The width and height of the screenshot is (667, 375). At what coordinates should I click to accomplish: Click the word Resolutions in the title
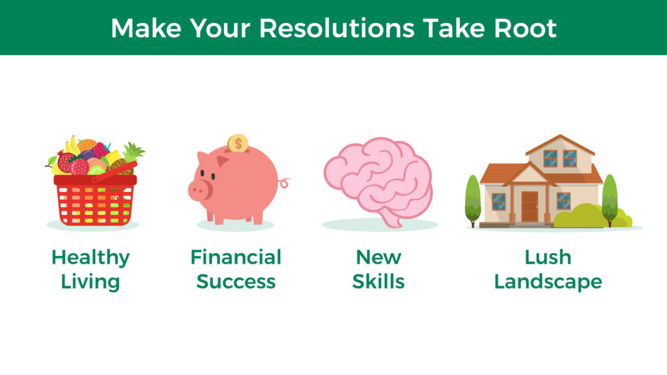click(337, 28)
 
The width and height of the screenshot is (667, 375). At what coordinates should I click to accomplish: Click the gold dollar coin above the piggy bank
click(238, 143)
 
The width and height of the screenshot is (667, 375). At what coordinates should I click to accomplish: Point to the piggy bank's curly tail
click(284, 182)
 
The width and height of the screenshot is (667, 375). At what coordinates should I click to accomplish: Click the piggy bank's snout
click(198, 190)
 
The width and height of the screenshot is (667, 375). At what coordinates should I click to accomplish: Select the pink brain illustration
click(378, 182)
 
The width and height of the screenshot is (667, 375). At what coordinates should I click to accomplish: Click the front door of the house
click(530, 206)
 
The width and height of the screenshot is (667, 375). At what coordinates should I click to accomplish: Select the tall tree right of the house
click(610, 200)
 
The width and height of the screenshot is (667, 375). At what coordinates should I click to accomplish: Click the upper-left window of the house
click(550, 159)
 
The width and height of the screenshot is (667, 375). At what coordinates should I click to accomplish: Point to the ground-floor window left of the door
click(498, 202)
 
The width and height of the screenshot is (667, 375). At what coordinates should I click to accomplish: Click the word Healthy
click(91, 258)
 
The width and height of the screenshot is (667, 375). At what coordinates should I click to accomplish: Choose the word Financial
click(236, 257)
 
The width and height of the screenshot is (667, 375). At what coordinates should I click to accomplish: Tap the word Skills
click(378, 281)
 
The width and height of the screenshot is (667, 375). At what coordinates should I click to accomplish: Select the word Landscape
click(548, 282)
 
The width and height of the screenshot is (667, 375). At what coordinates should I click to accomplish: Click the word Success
click(236, 281)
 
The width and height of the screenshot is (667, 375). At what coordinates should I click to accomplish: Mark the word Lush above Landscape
click(548, 257)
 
